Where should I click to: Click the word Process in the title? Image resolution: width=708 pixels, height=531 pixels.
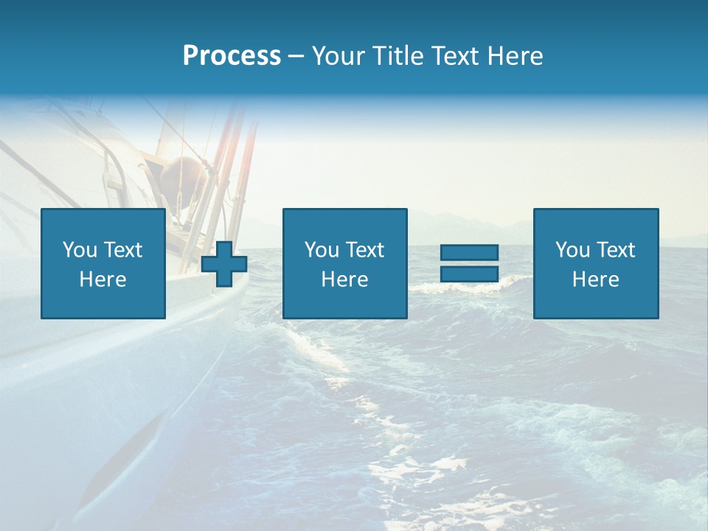(232, 56)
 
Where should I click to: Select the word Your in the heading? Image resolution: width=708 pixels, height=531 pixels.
(339, 56)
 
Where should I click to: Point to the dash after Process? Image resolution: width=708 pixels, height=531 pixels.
(296, 57)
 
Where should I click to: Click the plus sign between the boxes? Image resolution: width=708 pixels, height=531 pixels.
(224, 264)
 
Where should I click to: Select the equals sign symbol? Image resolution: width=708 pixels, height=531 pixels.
(469, 263)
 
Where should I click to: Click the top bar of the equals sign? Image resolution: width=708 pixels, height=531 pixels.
(469, 252)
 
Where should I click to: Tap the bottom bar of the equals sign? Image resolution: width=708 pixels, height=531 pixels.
(469, 274)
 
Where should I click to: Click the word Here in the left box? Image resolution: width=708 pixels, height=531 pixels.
(103, 280)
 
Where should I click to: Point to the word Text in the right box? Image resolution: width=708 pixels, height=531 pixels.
(616, 250)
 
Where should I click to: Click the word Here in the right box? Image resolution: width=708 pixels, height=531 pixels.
(595, 280)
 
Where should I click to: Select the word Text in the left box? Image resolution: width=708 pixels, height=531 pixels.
(122, 250)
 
